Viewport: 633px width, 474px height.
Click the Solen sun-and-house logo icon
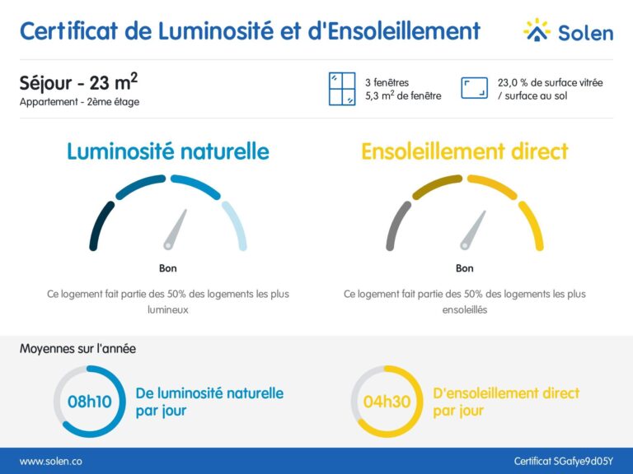point(537,30)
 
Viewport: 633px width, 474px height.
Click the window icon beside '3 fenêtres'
point(341,89)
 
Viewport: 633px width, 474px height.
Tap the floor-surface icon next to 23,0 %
point(473,89)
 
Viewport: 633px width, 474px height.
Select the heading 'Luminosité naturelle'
point(167,151)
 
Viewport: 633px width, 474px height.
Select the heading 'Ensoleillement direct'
point(464,151)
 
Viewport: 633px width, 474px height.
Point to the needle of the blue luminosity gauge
point(176,230)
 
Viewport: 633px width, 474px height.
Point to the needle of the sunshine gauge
point(472,230)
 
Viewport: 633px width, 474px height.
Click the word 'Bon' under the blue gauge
point(167,268)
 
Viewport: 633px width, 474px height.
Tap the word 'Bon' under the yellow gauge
point(464,268)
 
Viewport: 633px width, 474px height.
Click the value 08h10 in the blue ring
point(89,402)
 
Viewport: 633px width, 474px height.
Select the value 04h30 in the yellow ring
point(387,402)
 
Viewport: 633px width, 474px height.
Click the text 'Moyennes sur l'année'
point(78,349)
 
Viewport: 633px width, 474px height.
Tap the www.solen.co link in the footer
point(50,462)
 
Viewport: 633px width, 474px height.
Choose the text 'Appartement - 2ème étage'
point(79,102)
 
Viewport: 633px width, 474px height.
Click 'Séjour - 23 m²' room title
point(77,83)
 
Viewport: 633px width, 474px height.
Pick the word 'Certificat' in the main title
point(69,31)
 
